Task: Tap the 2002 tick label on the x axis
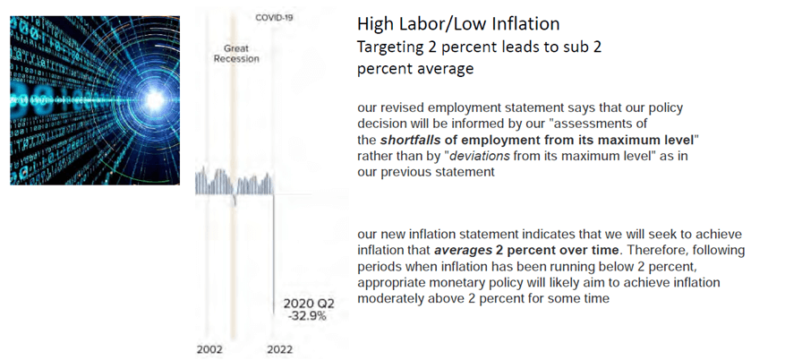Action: [211, 350]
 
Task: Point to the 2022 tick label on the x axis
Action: [280, 350]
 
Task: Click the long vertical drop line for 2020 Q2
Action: [272, 260]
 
